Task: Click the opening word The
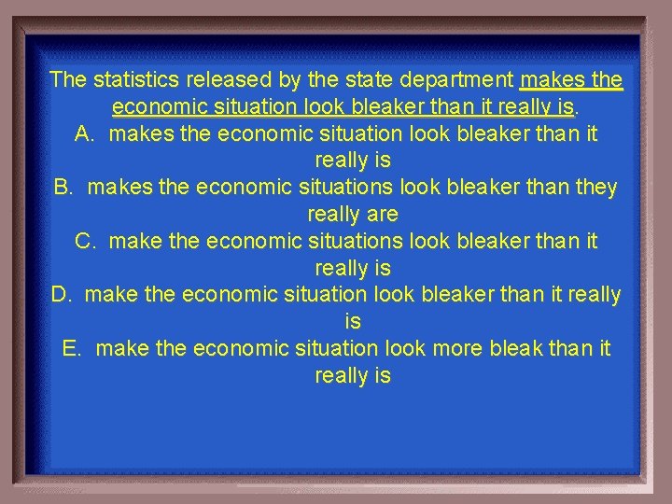[67, 78]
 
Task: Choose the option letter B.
[63, 187]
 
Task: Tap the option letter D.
[62, 295]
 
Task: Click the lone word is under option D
[353, 322]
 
